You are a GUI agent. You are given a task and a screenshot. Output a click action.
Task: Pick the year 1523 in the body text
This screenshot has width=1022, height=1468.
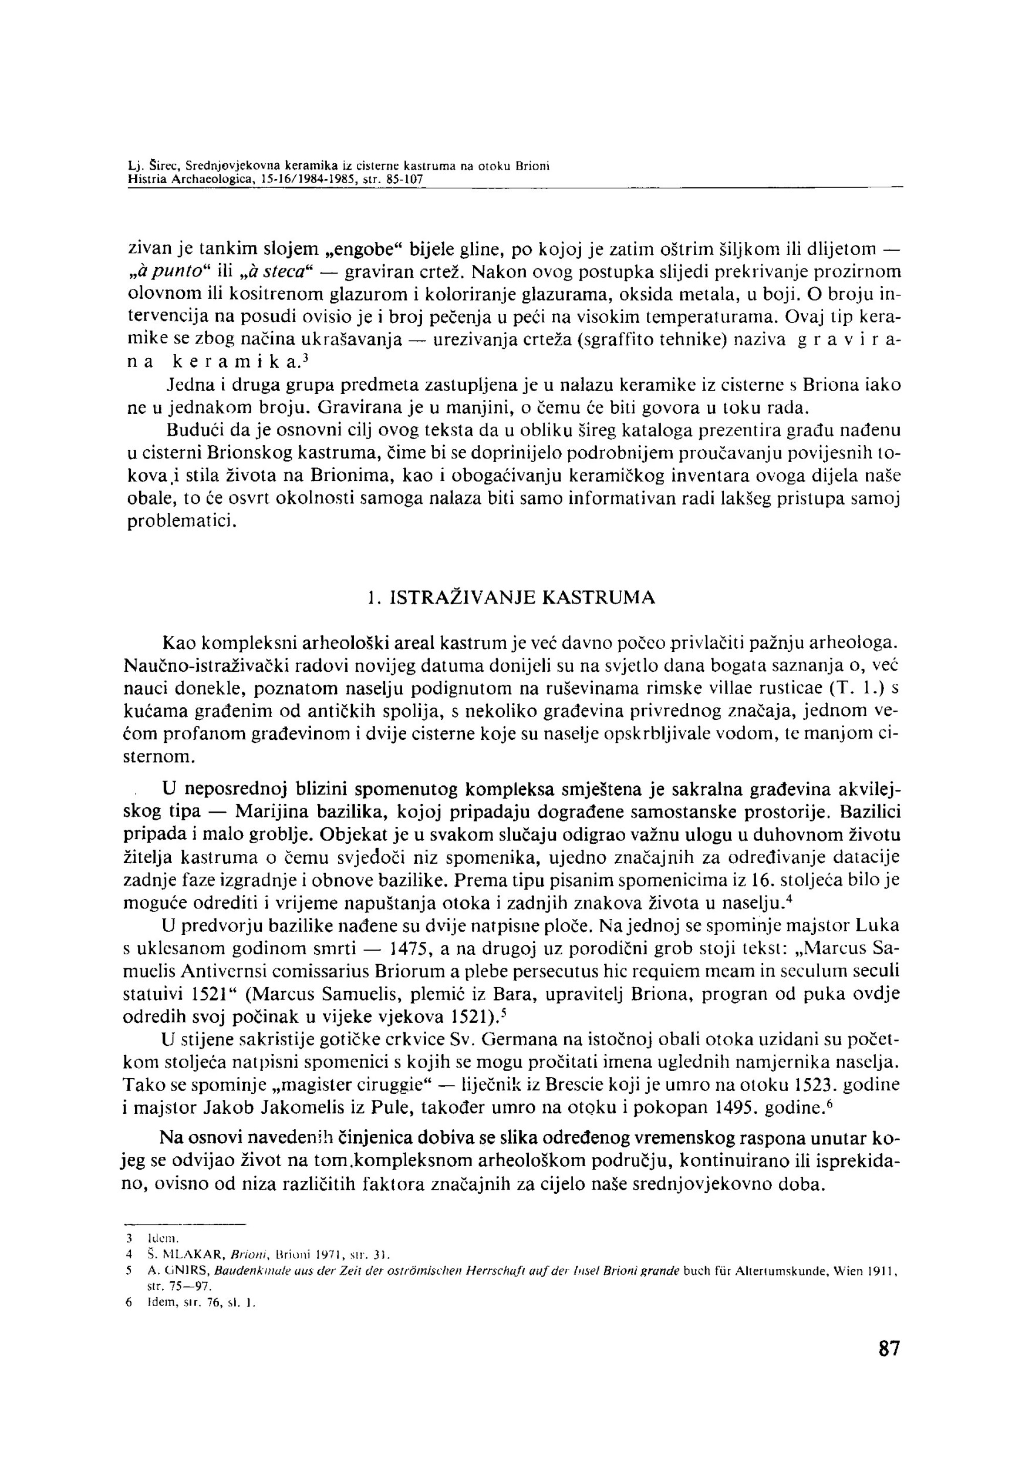pyautogui.click(x=816, y=1085)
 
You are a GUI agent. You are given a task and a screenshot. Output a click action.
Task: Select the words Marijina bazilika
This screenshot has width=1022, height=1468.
pyautogui.click(x=311, y=812)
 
